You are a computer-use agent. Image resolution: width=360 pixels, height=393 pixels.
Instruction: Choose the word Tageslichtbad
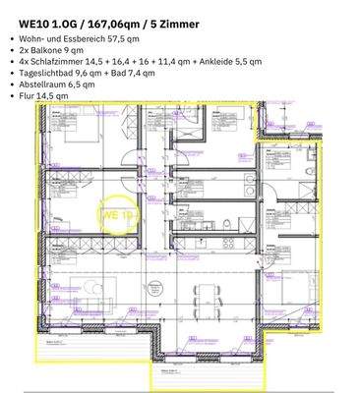tap(53, 74)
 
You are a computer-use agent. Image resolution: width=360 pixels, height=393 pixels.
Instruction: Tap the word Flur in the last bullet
tap(28, 96)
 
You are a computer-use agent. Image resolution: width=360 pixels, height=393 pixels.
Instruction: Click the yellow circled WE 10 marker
tap(117, 212)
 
